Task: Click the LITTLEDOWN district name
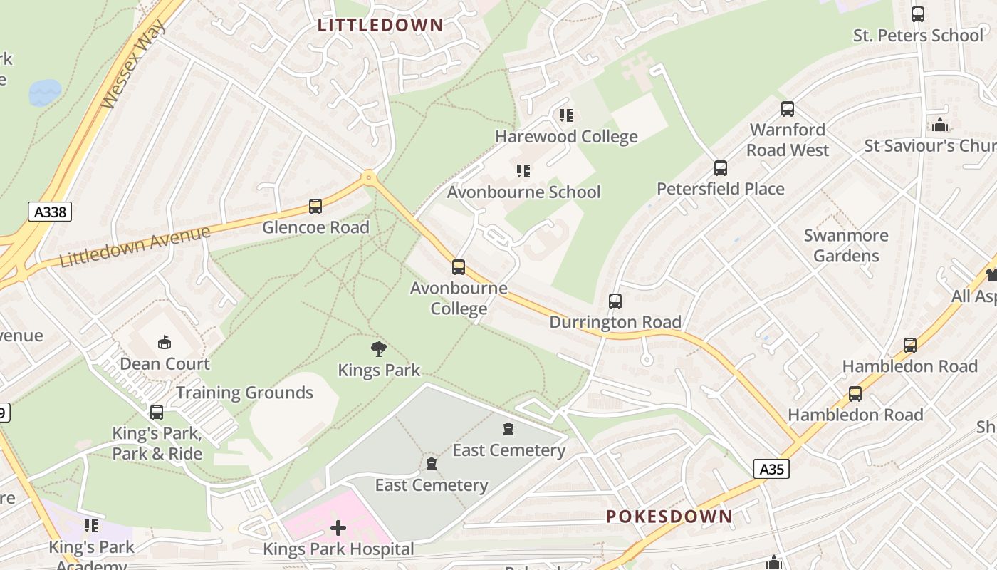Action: [x=380, y=25]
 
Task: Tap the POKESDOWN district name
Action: [x=669, y=517]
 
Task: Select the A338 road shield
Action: [x=51, y=212]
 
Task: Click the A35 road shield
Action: [x=771, y=469]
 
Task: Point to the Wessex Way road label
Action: [x=132, y=65]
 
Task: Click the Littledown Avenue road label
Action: [x=135, y=247]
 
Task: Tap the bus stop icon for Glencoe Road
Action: [x=315, y=207]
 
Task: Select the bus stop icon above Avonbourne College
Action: [x=459, y=267]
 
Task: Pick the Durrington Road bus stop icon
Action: [x=615, y=301]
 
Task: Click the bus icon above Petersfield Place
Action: [x=721, y=168]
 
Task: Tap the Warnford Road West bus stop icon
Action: [x=788, y=109]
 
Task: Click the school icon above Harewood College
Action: [x=566, y=115]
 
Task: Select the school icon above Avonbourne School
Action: [x=523, y=171]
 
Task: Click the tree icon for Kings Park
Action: [x=379, y=349]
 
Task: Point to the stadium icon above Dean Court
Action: [x=165, y=343]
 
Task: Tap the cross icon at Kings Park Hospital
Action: [x=338, y=528]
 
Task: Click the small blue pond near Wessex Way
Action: [x=44, y=92]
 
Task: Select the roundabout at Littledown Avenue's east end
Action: [x=368, y=177]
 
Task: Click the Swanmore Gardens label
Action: [x=846, y=245]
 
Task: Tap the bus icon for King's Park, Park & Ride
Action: [x=157, y=412]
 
